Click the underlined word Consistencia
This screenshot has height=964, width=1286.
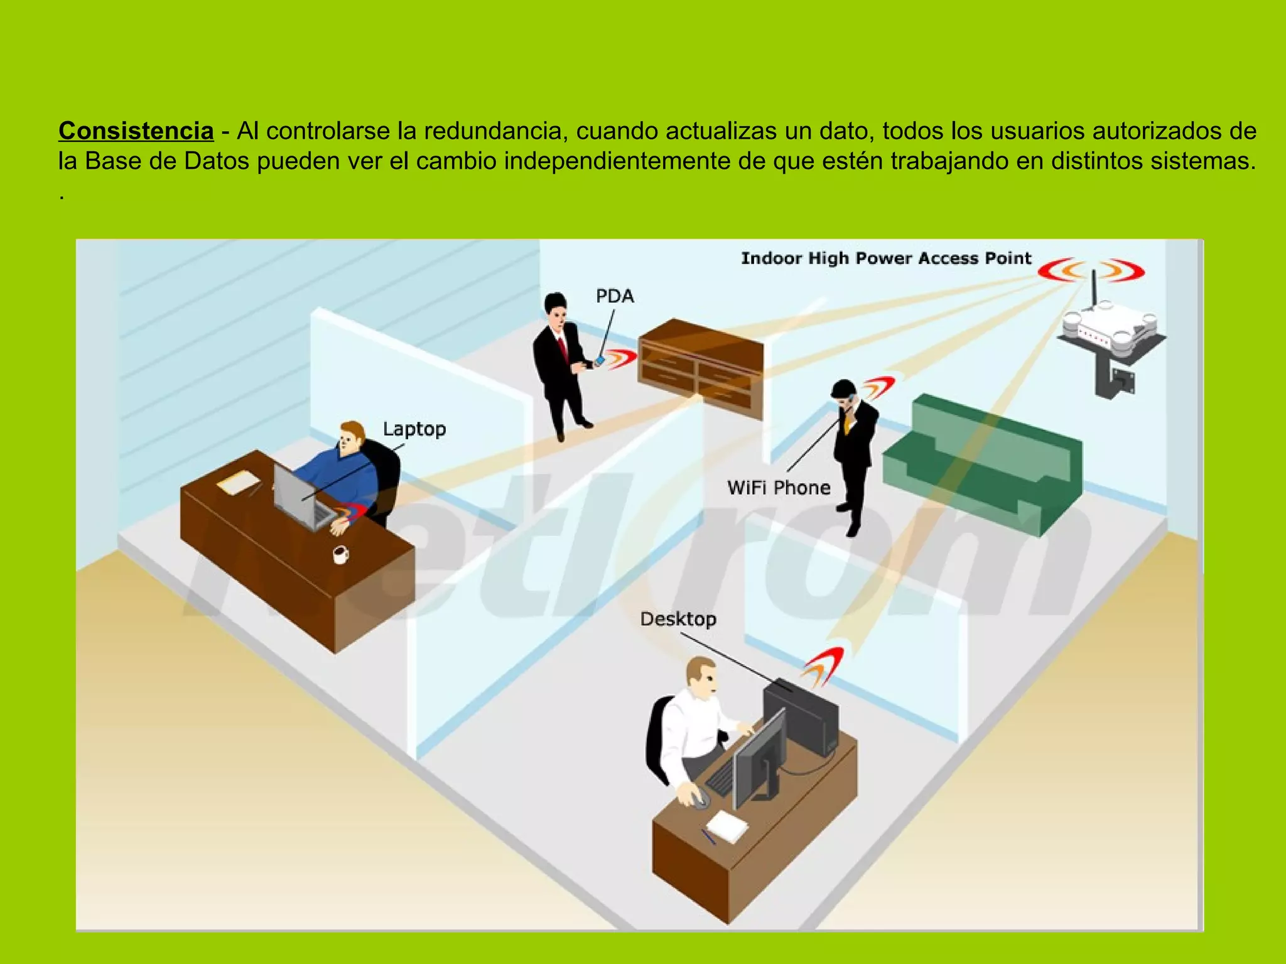pos(136,131)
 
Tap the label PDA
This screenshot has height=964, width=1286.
pos(615,296)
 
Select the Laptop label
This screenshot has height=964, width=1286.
pos(414,429)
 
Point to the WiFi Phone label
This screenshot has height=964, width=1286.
pos(779,488)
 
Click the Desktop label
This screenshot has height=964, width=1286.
pos(678,619)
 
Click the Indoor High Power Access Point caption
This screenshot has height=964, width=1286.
pos(886,259)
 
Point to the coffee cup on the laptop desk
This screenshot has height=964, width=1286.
pos(340,554)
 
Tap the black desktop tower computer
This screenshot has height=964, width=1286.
pos(802,715)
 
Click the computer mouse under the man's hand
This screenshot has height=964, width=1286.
pos(699,798)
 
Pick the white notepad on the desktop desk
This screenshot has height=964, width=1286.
pos(728,825)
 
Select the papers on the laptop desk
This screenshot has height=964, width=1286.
pos(237,483)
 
